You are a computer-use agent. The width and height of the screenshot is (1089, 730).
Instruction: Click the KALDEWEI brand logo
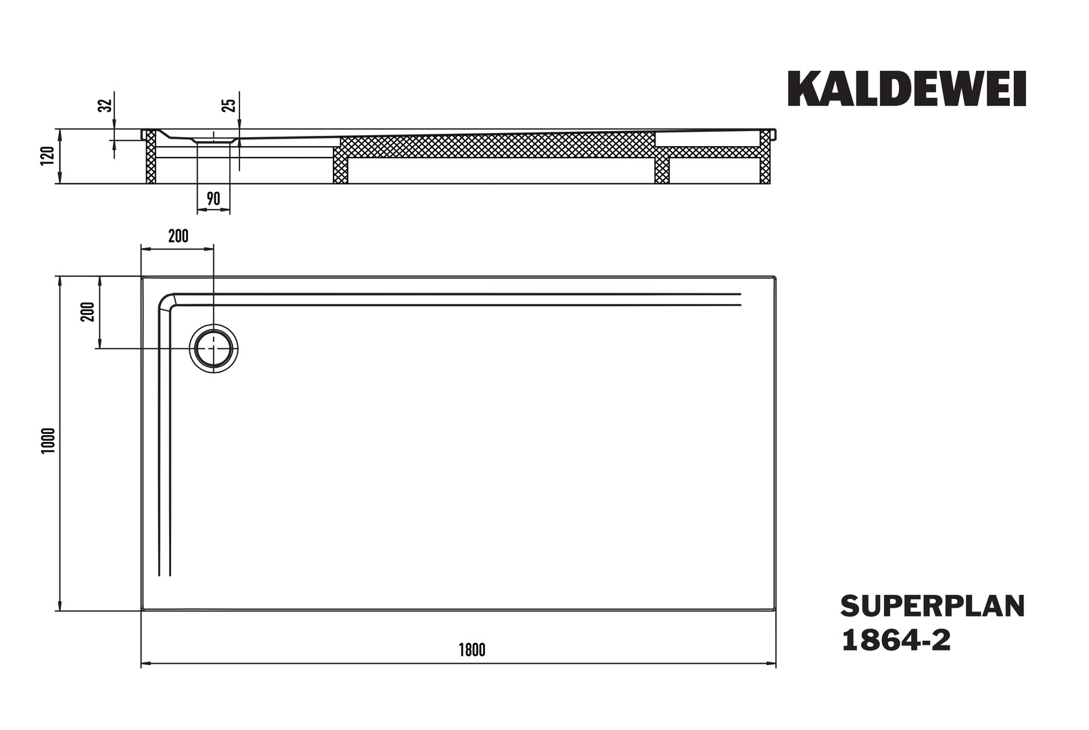pos(906,89)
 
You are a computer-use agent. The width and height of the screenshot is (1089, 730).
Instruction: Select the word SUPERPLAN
pos(933,606)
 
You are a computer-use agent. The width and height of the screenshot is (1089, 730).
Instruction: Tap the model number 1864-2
pos(896,640)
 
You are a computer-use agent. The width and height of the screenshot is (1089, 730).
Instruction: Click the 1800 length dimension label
pos(472,650)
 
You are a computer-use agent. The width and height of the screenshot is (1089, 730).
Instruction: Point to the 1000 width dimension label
pos(49,441)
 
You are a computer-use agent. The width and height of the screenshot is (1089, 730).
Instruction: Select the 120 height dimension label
pos(47,156)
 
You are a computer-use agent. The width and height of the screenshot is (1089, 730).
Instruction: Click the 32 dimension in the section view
pos(106,105)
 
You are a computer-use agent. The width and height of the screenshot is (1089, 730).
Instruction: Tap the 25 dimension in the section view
pos(229,105)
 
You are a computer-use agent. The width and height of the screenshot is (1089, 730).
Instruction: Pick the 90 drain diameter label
pos(214,199)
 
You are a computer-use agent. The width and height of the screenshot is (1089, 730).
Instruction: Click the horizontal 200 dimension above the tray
pos(179,236)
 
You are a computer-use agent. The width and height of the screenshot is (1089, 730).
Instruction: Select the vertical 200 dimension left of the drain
pos(87,312)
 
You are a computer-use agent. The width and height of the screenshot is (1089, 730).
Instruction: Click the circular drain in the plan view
pos(214,349)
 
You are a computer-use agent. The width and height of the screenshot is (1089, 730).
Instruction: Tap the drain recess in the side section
pos(214,141)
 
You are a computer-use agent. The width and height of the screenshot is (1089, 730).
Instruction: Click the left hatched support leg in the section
pos(152,156)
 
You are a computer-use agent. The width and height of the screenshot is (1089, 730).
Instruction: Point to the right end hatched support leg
pos(765,156)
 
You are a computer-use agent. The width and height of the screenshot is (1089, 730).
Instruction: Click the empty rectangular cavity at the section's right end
pos(708,139)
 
